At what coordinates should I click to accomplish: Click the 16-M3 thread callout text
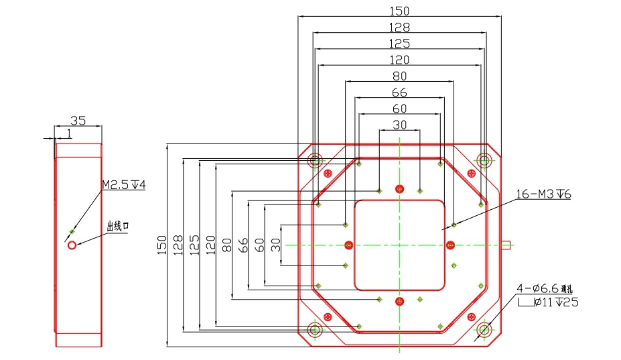(542, 194)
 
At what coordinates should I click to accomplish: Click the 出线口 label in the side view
(117, 227)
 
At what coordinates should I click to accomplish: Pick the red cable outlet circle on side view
(72, 245)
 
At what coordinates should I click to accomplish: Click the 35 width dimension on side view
(78, 121)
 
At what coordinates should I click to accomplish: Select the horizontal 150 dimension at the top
(399, 11)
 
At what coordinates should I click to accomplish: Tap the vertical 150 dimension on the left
(160, 245)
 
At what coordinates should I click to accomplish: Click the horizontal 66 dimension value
(399, 92)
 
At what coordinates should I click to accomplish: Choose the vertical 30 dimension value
(276, 245)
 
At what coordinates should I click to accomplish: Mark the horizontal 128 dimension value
(399, 27)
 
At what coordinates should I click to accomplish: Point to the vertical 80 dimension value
(226, 245)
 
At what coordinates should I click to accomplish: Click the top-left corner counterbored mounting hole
(315, 160)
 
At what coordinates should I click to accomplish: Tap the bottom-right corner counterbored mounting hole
(484, 329)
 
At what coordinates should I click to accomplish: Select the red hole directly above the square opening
(400, 188)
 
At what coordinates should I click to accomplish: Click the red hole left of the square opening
(348, 244)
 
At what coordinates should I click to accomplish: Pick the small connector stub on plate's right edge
(506, 245)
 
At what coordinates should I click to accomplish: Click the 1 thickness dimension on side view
(68, 134)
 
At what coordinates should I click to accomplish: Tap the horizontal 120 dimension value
(399, 60)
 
